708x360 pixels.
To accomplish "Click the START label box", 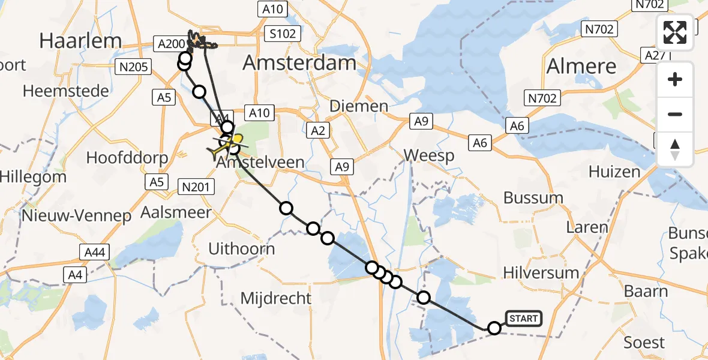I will (x=524, y=318).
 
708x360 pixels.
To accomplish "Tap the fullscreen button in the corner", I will (x=675, y=32).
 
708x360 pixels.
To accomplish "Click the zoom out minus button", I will (x=675, y=114).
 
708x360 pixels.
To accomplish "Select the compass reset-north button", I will (x=675, y=149).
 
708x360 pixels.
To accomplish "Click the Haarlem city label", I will (x=80, y=41).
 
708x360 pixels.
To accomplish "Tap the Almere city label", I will (x=581, y=66).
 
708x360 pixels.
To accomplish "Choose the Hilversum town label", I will (x=541, y=273).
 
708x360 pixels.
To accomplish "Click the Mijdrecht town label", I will (x=276, y=298).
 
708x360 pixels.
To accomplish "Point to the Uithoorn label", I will (x=241, y=248).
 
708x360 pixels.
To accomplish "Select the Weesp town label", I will (x=428, y=155).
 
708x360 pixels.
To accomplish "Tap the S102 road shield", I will (x=283, y=34).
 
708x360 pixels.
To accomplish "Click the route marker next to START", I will (x=494, y=328).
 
